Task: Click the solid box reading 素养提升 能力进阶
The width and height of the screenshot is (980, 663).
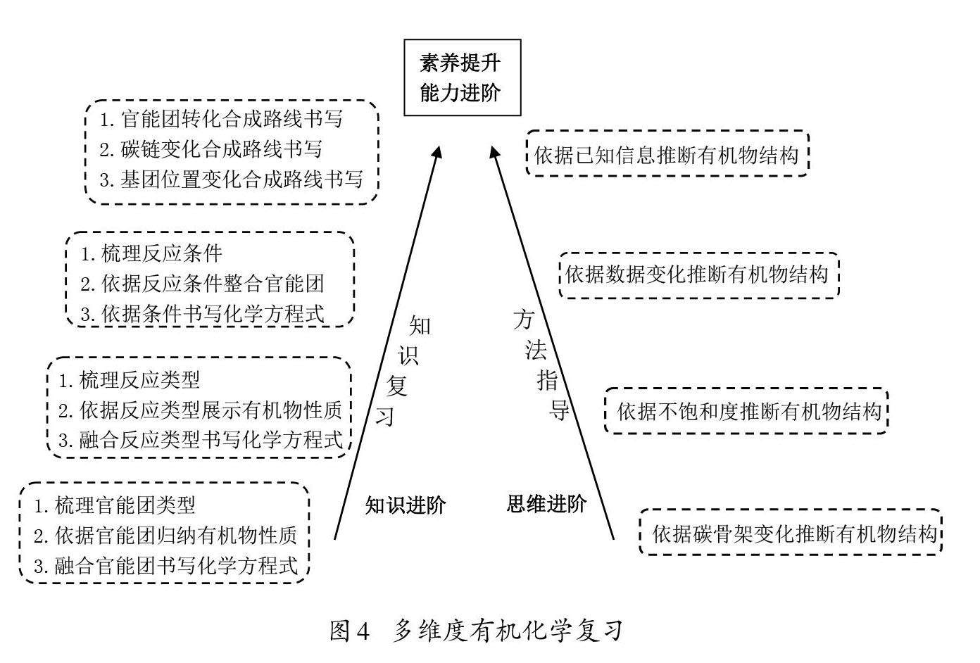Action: tap(461, 77)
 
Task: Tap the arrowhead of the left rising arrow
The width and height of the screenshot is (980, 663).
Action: tap(438, 153)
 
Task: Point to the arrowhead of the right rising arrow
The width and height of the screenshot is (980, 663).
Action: tap(495, 153)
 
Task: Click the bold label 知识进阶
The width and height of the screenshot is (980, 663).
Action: tap(405, 505)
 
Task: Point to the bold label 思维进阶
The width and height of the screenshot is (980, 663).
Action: tap(546, 504)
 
